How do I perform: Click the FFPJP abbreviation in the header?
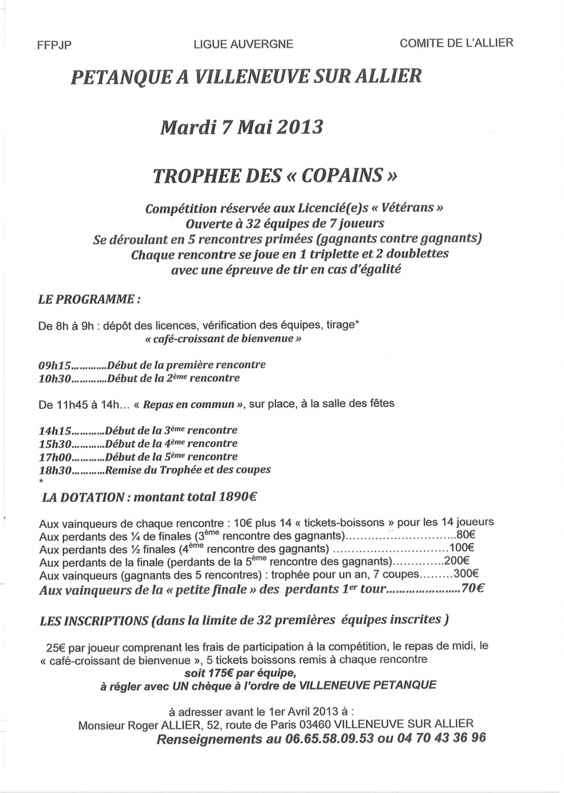coord(54,45)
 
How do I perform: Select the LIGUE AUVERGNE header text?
coord(243,44)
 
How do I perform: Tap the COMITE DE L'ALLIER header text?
coord(456,43)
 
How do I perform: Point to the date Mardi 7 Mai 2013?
coord(242,127)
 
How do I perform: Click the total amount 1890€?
coord(238,497)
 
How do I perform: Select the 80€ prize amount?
coord(465,535)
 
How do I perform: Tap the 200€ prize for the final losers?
coord(456,561)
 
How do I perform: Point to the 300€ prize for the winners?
coord(466,574)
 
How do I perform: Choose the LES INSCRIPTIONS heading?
coord(94,621)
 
